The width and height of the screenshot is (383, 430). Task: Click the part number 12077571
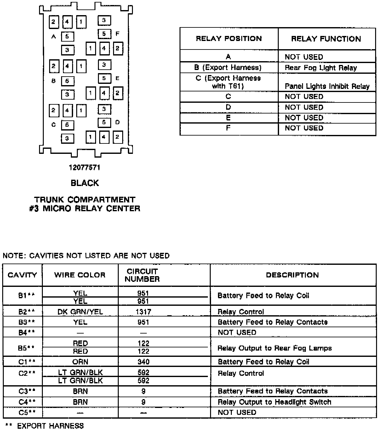(x=84, y=168)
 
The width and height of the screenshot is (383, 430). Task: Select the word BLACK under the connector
(x=85, y=183)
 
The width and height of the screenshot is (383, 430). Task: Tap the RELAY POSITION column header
(x=229, y=39)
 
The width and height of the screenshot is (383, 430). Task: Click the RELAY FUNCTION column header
(x=326, y=39)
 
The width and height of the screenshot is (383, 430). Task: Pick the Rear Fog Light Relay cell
(x=321, y=68)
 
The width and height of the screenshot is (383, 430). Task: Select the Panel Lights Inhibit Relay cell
(x=327, y=86)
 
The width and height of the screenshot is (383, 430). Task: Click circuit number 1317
(x=143, y=312)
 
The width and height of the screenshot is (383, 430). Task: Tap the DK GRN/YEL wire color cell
(x=80, y=312)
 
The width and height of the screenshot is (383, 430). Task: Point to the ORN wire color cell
(x=80, y=362)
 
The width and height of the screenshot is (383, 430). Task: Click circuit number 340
(x=143, y=362)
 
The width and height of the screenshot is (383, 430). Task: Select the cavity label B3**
(x=26, y=322)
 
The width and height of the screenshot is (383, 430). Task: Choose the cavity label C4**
(x=27, y=402)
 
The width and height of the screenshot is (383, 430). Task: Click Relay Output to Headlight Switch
(x=274, y=402)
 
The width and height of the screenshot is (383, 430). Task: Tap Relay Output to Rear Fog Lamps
(x=274, y=348)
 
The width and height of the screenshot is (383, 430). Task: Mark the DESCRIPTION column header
(x=292, y=275)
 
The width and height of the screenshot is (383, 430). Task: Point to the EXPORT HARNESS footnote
(x=45, y=426)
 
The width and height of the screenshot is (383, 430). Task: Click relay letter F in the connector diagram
(x=117, y=33)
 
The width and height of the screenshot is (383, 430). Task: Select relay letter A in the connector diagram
(x=54, y=37)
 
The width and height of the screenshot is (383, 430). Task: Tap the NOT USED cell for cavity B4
(x=237, y=332)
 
